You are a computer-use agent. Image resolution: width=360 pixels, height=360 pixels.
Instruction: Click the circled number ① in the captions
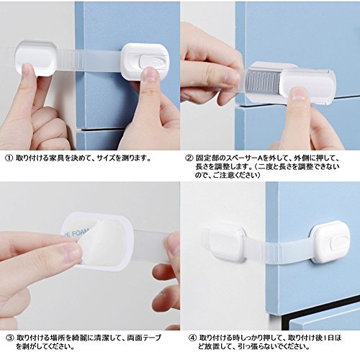(9, 158)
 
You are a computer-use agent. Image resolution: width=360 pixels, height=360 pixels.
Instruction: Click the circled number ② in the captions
(190, 158)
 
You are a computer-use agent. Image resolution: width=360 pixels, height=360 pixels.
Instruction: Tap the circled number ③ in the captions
(9, 338)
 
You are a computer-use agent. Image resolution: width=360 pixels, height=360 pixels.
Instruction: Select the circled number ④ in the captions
(193, 338)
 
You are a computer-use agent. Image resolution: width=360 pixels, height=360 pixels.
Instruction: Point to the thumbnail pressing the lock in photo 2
(297, 96)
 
